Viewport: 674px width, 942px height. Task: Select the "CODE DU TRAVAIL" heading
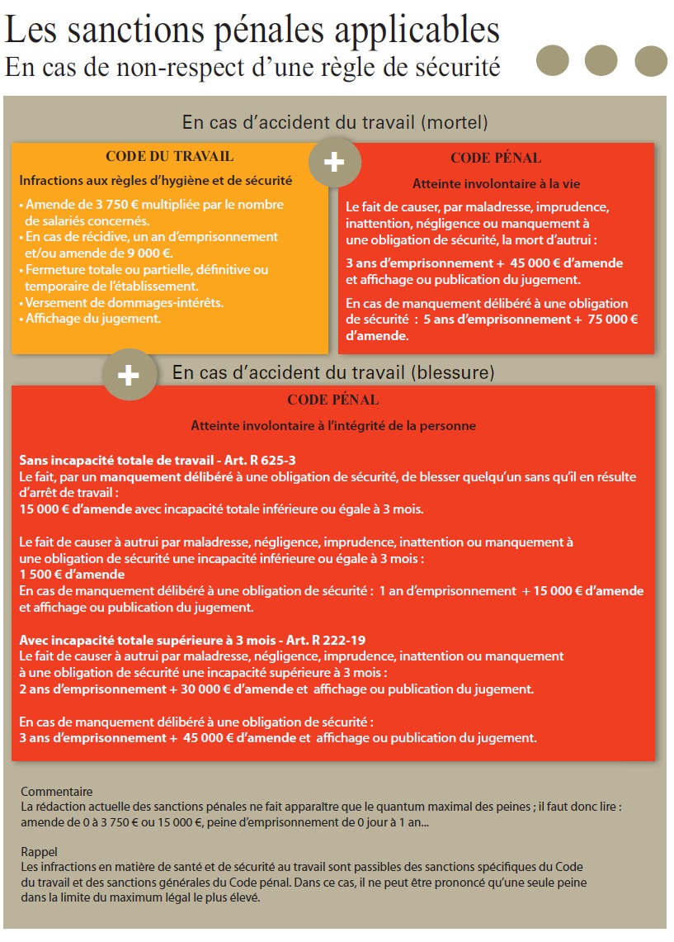pyautogui.click(x=169, y=156)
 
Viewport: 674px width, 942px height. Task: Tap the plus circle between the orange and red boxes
pyautogui.click(x=334, y=163)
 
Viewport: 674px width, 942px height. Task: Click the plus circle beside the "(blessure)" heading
pyautogui.click(x=129, y=376)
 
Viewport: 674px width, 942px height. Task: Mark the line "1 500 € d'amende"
pyautogui.click(x=72, y=574)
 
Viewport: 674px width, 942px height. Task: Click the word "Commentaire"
pyautogui.click(x=57, y=791)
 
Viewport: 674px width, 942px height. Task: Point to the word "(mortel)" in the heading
pyautogui.click(x=455, y=122)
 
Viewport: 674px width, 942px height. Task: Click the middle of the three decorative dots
pyautogui.click(x=601, y=61)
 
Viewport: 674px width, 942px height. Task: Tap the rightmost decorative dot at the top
pyautogui.click(x=651, y=61)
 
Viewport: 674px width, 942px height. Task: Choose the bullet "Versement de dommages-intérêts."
pyautogui.click(x=124, y=302)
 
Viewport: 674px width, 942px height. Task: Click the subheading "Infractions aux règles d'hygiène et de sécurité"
pyautogui.click(x=155, y=180)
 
